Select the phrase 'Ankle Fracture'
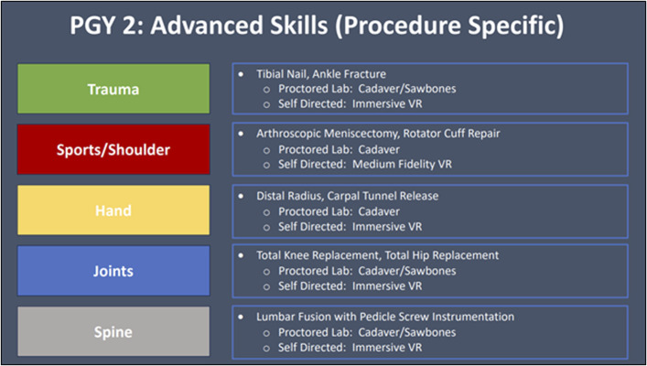[x=353, y=73]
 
